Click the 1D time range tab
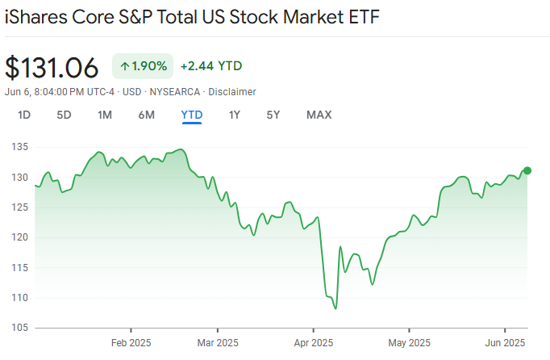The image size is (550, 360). tap(24, 115)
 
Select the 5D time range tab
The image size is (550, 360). tap(64, 115)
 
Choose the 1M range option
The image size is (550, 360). tap(105, 115)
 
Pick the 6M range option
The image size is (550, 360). tap(146, 115)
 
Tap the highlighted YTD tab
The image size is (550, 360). tap(192, 115)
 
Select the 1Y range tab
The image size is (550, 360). tap(235, 115)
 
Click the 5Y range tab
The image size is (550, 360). tap(273, 115)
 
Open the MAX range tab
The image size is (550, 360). tap(319, 115)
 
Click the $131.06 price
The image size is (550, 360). tap(52, 66)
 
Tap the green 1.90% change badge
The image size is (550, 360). tap(143, 66)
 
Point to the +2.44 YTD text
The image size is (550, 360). tap(211, 66)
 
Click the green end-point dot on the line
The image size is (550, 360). tap(527, 170)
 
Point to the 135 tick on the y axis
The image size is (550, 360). tap(20, 147)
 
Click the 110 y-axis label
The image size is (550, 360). tap(20, 298)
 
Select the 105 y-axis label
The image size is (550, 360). tap(20, 328)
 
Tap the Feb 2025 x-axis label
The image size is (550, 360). tap(131, 342)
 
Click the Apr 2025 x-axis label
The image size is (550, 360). tap(313, 342)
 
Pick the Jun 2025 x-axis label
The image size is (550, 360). tap(505, 342)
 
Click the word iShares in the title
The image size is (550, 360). tap(35, 17)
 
